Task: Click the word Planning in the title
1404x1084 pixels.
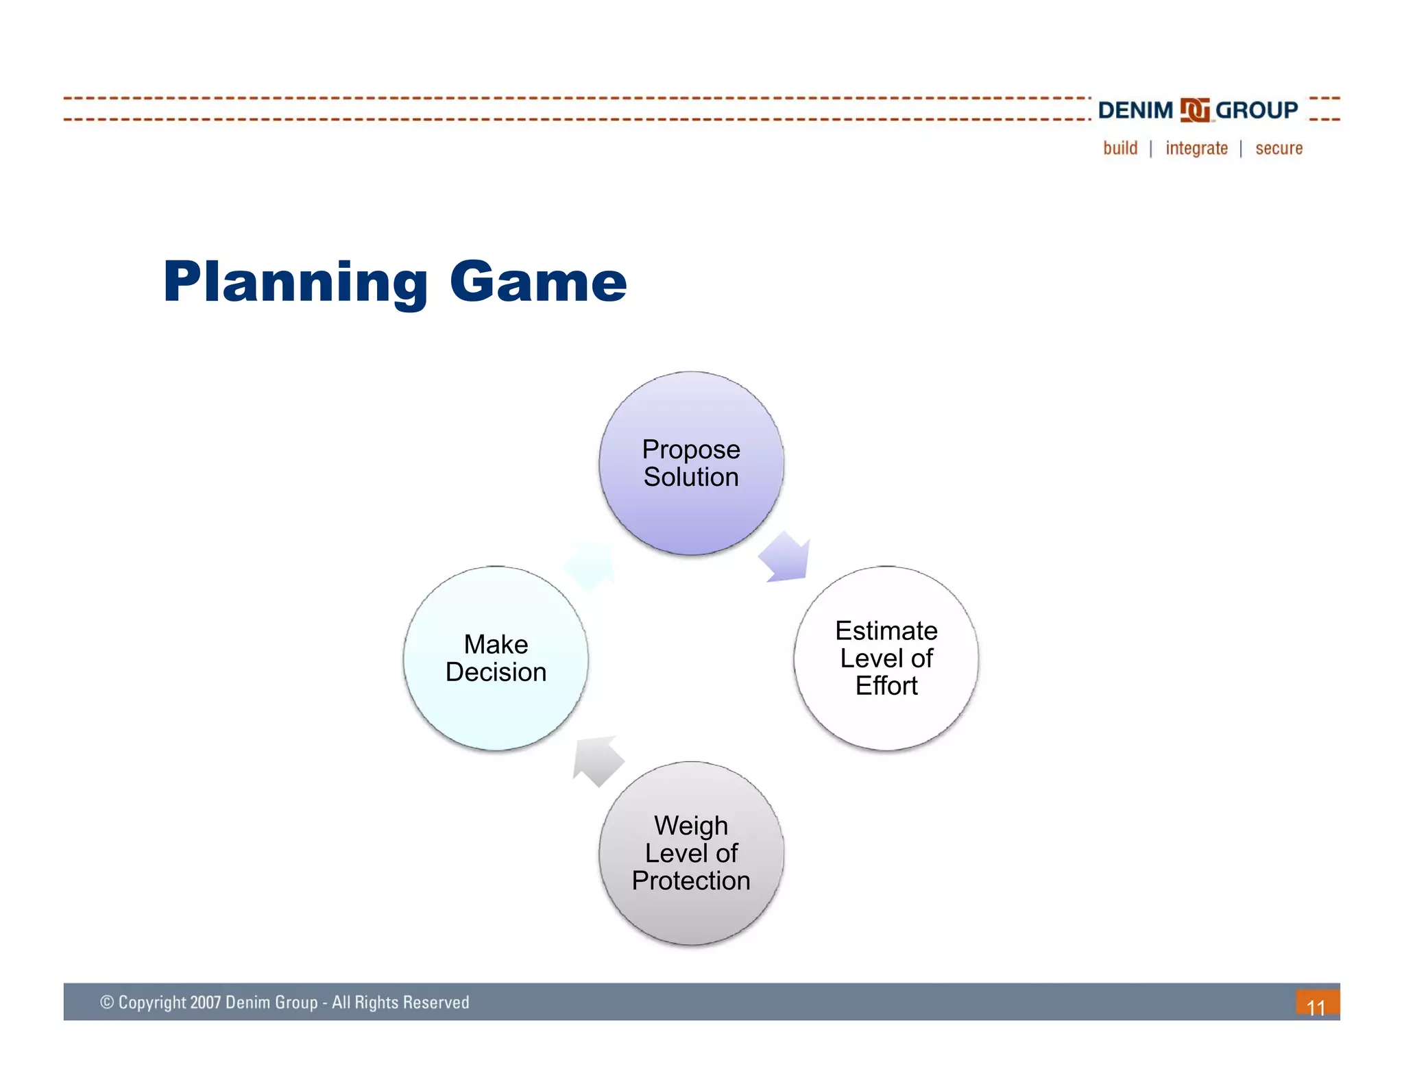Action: click(295, 282)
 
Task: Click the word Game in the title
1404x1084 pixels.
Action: click(538, 282)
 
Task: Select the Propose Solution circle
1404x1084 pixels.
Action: click(691, 463)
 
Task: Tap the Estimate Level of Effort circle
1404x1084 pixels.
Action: click(886, 658)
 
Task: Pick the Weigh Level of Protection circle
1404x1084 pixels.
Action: click(691, 853)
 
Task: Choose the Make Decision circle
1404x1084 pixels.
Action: click(496, 658)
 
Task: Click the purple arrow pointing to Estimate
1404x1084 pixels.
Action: click(787, 558)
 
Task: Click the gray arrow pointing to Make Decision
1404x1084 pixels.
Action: click(597, 760)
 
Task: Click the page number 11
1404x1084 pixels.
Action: click(1316, 1007)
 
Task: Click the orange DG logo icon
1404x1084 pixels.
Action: click(1194, 110)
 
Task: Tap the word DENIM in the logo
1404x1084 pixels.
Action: click(1135, 110)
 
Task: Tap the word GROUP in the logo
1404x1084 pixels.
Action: click(1256, 110)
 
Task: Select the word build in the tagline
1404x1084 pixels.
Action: click(1120, 148)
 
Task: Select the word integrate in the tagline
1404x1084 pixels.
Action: click(1196, 148)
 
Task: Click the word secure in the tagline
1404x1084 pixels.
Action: click(1279, 148)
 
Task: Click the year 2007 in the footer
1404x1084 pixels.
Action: click(205, 1002)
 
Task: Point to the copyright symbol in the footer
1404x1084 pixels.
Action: click(107, 1002)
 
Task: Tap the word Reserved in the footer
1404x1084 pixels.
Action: click(436, 1002)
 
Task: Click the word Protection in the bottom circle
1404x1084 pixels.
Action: click(691, 881)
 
